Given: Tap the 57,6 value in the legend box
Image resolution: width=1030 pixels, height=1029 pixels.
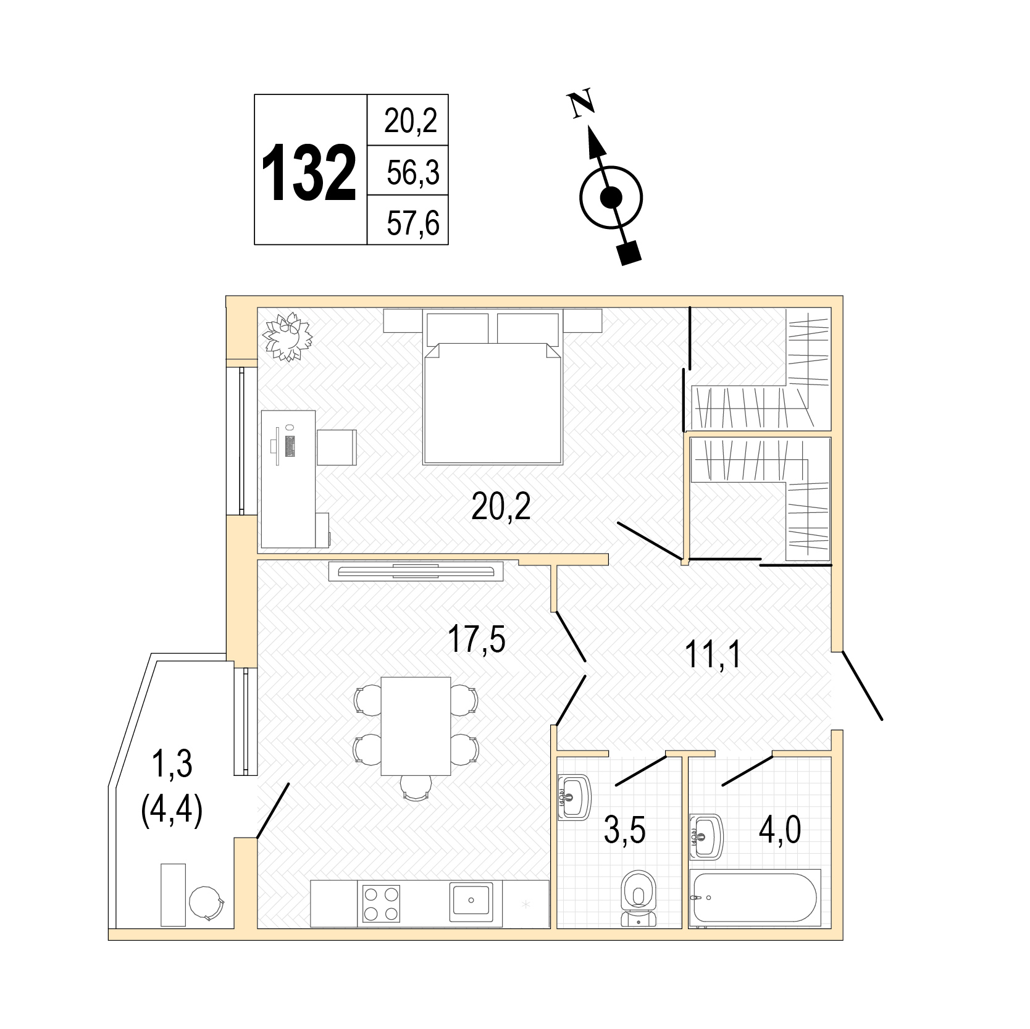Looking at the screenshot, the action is click(x=413, y=222).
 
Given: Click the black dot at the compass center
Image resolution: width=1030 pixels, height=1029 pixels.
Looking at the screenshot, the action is click(x=611, y=198).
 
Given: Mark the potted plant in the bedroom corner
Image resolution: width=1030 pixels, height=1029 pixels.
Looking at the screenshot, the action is click(x=287, y=337).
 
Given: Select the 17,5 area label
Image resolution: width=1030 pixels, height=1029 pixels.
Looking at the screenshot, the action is click(x=476, y=639).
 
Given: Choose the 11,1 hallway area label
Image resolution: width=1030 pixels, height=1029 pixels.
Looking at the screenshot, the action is click(x=713, y=655).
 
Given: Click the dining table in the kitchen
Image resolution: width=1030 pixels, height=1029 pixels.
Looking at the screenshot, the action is click(x=416, y=726).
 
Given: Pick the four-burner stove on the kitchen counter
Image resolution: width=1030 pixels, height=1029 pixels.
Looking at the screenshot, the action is click(x=381, y=903).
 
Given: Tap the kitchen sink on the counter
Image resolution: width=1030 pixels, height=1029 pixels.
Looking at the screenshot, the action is click(x=471, y=901).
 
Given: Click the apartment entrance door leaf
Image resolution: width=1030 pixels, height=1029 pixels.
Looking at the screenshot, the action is click(x=862, y=685).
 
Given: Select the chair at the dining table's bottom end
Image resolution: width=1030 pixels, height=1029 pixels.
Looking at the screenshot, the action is click(x=416, y=786).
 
